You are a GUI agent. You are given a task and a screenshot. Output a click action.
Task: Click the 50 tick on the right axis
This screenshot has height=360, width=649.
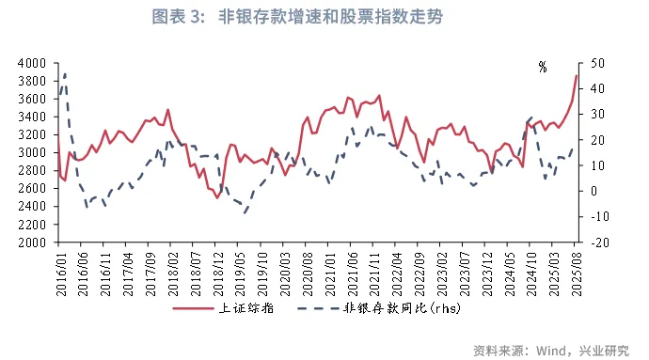point(598,63)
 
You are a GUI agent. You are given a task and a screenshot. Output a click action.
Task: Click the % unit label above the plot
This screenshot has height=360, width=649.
point(543,68)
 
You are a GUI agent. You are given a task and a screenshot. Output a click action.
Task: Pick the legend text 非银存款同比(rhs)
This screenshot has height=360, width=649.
point(405,307)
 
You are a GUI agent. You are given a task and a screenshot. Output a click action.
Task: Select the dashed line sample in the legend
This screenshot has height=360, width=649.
point(319,307)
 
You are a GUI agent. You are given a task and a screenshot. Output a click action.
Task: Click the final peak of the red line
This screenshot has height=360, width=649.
point(577,76)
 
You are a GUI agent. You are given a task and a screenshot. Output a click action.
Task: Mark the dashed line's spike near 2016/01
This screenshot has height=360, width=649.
point(64,72)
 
